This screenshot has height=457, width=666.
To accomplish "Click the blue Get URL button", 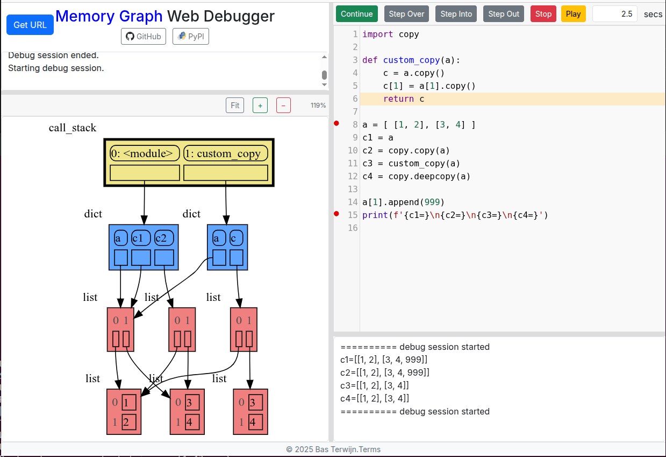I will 30,25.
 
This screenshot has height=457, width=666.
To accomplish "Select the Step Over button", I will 406,14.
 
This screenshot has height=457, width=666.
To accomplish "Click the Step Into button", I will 456,14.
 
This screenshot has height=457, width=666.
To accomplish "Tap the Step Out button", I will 504,14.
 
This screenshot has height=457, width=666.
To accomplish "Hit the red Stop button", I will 543,14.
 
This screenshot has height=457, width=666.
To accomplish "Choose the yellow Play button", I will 573,14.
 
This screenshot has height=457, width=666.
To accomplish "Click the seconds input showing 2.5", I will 614,14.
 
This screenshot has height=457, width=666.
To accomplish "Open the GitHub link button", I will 143,37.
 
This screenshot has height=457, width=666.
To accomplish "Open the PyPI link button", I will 190,37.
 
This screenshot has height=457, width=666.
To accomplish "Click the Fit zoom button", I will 235,106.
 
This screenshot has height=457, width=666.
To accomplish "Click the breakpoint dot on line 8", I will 337,124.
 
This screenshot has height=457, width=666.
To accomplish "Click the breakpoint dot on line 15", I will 337,214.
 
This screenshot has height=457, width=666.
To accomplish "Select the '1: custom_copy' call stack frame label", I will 226,153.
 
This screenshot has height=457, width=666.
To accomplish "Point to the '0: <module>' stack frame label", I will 145,153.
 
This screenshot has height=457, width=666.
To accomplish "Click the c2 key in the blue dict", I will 164,238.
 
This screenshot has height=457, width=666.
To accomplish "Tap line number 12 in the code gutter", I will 353,177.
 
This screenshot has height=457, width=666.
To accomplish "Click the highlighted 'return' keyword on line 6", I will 398,99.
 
